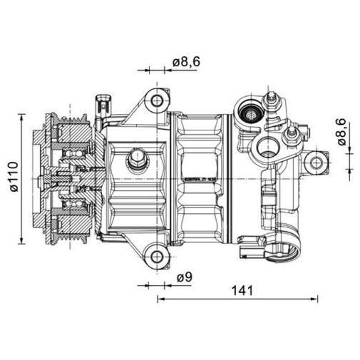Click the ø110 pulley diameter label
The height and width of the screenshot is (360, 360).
[x=12, y=179]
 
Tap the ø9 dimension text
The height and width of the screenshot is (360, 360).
[x=185, y=277]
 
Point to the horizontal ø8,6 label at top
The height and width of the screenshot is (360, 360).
[x=185, y=63]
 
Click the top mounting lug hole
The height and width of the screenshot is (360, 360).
[x=157, y=101]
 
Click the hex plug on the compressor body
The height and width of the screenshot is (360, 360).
[x=136, y=158]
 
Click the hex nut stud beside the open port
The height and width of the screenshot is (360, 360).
[x=290, y=135]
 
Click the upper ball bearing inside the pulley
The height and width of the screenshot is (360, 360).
[x=73, y=151]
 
